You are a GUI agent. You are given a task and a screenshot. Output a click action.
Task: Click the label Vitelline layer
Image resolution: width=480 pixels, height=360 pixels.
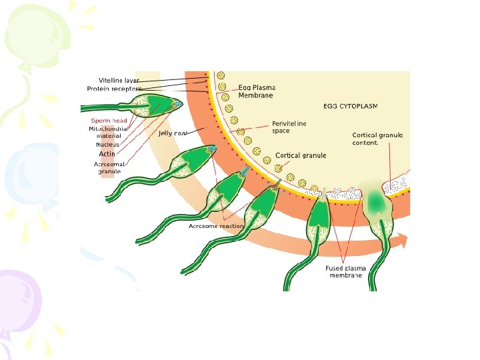(119, 80)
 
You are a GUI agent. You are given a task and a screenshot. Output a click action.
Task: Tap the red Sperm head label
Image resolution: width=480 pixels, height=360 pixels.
(109, 121)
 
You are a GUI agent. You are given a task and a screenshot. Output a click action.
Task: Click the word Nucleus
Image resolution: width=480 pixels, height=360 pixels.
(107, 144)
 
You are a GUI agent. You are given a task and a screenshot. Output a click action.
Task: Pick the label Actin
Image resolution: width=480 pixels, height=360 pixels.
(107, 154)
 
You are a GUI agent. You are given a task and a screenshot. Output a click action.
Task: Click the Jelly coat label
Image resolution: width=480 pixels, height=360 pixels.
(172, 133)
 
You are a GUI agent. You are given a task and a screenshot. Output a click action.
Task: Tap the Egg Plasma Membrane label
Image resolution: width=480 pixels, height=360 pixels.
(257, 91)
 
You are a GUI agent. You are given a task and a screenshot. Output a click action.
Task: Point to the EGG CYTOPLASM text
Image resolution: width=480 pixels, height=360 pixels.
(351, 106)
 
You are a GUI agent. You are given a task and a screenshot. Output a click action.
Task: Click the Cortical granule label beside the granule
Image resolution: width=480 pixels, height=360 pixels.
(301, 155)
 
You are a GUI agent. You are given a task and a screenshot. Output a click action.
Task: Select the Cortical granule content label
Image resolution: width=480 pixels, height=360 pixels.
(377, 139)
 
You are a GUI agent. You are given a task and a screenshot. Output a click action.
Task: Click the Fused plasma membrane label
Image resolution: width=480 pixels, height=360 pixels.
(345, 271)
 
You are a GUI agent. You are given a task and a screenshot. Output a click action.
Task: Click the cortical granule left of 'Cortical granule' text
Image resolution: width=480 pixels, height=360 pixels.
(278, 161)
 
